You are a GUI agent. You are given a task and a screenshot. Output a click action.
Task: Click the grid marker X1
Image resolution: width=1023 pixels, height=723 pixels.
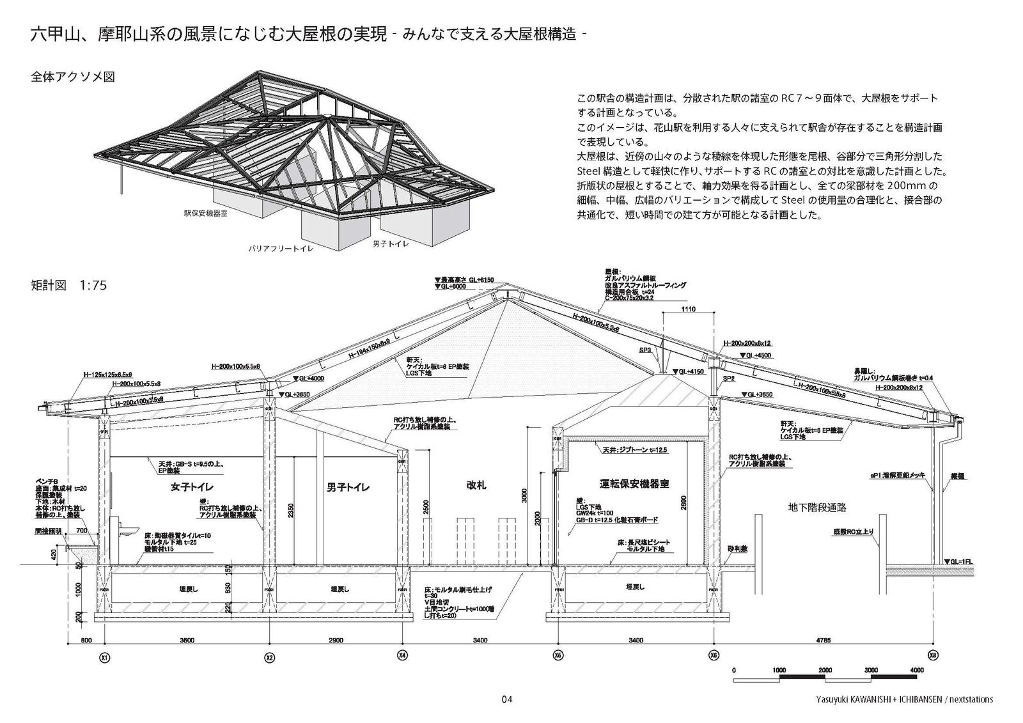point(104,657)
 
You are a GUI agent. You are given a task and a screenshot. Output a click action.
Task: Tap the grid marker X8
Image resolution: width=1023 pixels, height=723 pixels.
point(933,657)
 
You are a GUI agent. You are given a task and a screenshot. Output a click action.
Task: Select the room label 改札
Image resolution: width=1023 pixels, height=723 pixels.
point(476,485)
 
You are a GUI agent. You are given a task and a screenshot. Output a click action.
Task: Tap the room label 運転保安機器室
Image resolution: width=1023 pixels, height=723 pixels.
point(634,484)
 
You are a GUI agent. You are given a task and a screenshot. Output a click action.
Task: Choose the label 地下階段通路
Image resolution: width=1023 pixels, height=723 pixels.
point(817,508)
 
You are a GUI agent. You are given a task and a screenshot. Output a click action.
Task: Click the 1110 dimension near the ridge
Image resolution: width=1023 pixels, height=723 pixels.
point(688,309)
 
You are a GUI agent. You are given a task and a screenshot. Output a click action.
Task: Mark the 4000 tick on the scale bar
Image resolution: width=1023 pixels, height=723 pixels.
point(916,669)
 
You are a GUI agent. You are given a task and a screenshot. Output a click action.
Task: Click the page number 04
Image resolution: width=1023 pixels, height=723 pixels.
point(507,699)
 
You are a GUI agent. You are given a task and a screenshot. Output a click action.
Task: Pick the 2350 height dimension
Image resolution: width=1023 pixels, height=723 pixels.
point(291,510)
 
